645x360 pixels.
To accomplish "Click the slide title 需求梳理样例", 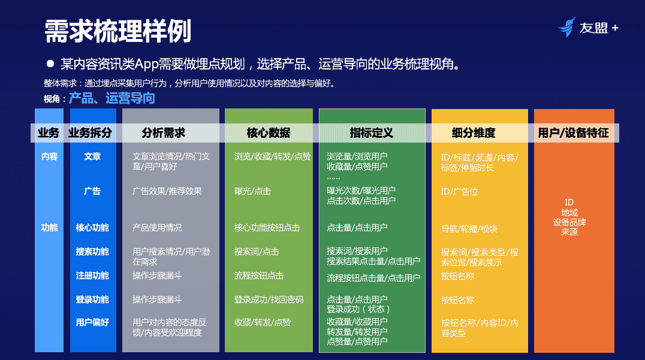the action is (x=117, y=31).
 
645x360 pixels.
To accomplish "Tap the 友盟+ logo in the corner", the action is (x=588, y=28).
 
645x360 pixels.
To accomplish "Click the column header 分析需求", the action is (x=163, y=133).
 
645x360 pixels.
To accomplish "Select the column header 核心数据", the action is (x=268, y=133).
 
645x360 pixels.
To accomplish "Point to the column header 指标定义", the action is (x=372, y=133).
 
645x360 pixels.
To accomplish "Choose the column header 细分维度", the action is (x=474, y=133).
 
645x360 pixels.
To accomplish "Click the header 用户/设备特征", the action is (x=574, y=133).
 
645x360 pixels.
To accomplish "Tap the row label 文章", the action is (x=92, y=156).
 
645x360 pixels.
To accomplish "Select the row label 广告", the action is (x=92, y=191).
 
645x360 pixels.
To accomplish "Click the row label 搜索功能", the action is (x=92, y=252).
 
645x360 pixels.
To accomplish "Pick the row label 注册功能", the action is (x=92, y=276).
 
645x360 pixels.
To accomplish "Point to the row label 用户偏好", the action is (x=92, y=322).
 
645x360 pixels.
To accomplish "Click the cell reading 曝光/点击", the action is (x=252, y=191).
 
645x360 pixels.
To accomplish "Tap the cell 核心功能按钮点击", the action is (x=267, y=228).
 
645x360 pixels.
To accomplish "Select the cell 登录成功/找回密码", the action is (x=269, y=300).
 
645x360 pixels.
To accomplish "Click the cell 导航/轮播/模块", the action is (x=469, y=228).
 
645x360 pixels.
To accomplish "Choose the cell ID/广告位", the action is (x=460, y=192).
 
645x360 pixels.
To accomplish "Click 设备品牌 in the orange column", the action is (x=569, y=222).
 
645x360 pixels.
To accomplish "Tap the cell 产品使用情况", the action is (x=157, y=228).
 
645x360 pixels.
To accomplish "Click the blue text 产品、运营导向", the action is (x=111, y=98).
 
